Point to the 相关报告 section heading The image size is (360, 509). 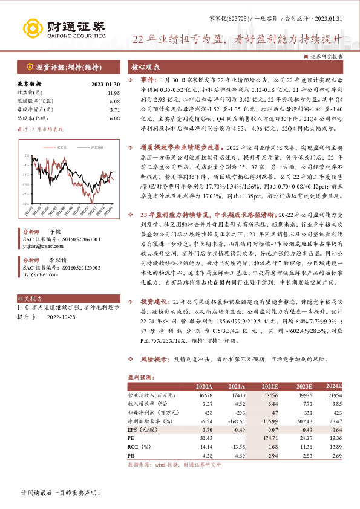pyautogui.click(x=29, y=299)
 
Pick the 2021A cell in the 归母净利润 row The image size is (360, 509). pyautogui.click(x=236, y=411)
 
